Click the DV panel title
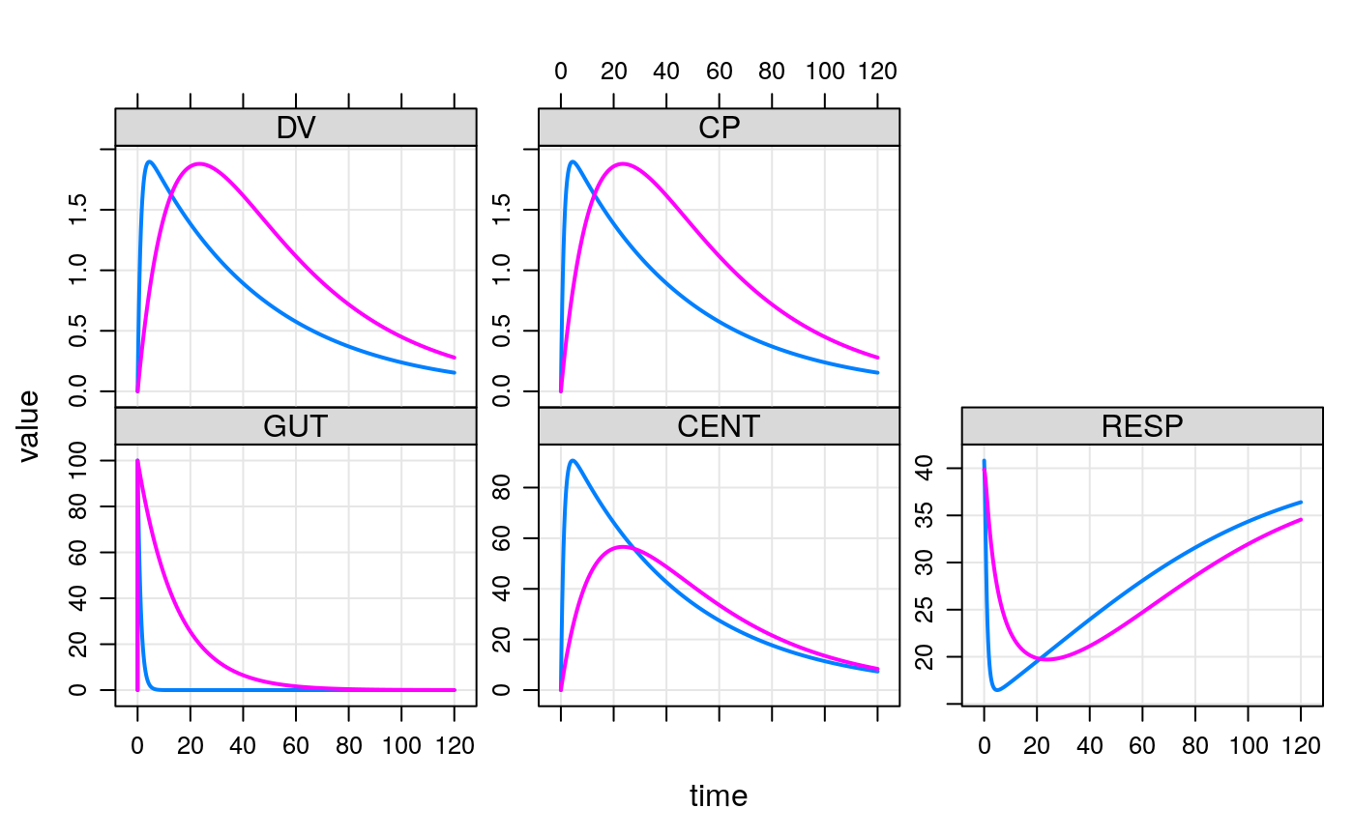click(295, 129)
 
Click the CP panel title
click(719, 129)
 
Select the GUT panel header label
click(295, 427)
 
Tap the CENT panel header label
click(719, 427)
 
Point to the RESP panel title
click(1141, 427)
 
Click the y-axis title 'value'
click(29, 425)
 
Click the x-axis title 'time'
click(718, 796)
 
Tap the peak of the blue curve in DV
click(150, 161)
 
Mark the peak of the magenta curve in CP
click(622, 163)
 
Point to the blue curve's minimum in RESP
click(997, 690)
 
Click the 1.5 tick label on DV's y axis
click(98, 210)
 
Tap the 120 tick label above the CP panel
click(877, 72)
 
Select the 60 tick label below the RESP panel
click(1142, 746)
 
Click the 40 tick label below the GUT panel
click(243, 746)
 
